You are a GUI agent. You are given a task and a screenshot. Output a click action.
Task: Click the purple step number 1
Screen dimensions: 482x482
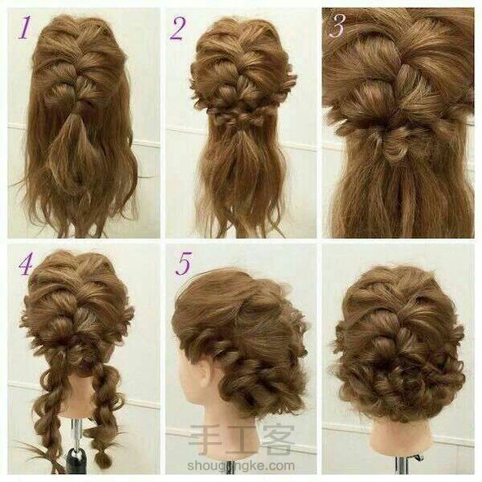25,28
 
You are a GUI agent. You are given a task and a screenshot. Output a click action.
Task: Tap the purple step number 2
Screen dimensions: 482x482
178,29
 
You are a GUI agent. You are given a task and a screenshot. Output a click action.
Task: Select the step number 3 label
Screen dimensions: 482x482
337,26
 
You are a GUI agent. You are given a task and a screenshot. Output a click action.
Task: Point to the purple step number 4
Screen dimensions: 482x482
26,263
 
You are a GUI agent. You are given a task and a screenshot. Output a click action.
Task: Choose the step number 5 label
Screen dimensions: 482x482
184,263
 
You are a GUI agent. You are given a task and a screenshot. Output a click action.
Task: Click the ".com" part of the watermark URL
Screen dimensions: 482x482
279,466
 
